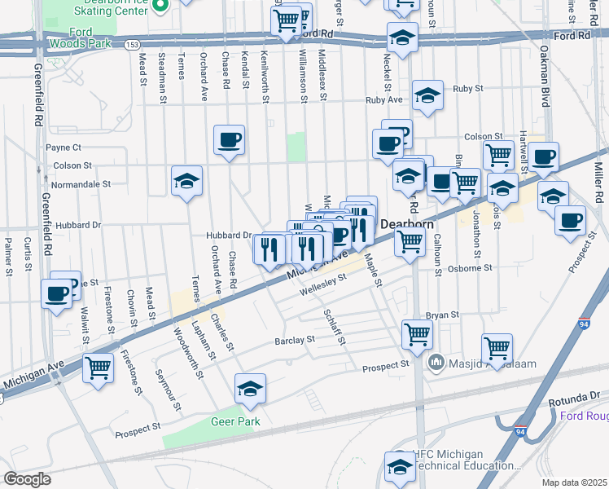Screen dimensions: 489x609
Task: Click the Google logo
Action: pos(27,479)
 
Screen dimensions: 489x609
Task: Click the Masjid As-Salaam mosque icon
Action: pos(436,360)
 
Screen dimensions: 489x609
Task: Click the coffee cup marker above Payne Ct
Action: pos(230,140)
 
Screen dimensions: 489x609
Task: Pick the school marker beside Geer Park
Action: pos(251,389)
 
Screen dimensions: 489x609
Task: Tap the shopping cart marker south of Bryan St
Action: pos(417,333)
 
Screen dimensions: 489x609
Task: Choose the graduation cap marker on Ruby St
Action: pos(427,95)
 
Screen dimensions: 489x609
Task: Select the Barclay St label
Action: pos(294,339)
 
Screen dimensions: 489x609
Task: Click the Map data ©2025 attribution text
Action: pos(574,482)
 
